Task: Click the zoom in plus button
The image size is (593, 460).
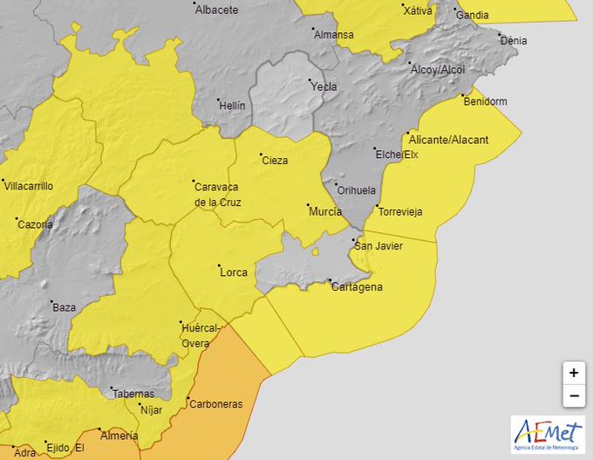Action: [x=573, y=373]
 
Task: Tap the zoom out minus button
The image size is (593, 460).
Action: [x=573, y=395]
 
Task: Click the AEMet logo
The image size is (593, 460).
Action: [x=548, y=434]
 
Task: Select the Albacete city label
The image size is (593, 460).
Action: [x=216, y=10]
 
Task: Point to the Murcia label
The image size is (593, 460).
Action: [x=324, y=211]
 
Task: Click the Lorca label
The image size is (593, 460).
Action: [x=233, y=272]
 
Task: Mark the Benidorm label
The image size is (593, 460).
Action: [x=485, y=101]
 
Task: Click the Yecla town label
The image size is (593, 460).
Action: [x=324, y=86]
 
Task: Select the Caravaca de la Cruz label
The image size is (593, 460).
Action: [x=217, y=194]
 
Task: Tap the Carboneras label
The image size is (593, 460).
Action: [x=216, y=404]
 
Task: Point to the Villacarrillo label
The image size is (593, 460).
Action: [x=29, y=186]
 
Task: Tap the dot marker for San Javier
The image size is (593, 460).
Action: [x=353, y=240]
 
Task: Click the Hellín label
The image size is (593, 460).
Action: [x=232, y=106]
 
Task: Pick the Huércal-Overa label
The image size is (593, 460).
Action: [x=196, y=335]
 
